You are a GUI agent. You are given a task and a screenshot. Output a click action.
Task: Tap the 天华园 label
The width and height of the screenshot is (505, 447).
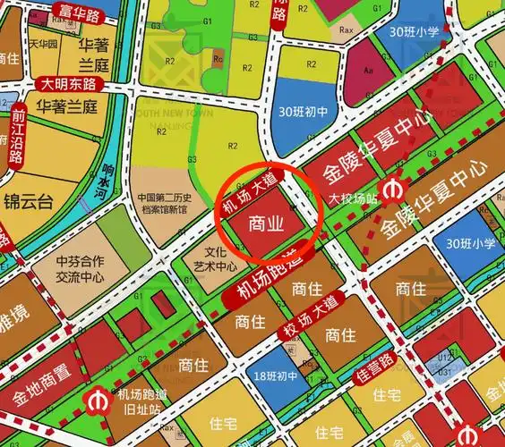point(42,43)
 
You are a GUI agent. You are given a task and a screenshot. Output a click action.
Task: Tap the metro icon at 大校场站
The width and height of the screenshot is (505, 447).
point(391,190)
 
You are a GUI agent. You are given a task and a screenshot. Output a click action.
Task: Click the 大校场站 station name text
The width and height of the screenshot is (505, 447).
point(349,199)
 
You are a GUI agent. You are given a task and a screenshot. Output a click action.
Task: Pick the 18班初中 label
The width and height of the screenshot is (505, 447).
point(275,376)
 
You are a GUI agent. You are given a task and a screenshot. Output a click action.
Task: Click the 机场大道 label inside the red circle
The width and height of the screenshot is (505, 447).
point(252,196)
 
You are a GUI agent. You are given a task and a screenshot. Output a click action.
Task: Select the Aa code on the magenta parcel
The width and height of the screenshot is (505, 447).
point(368,70)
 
